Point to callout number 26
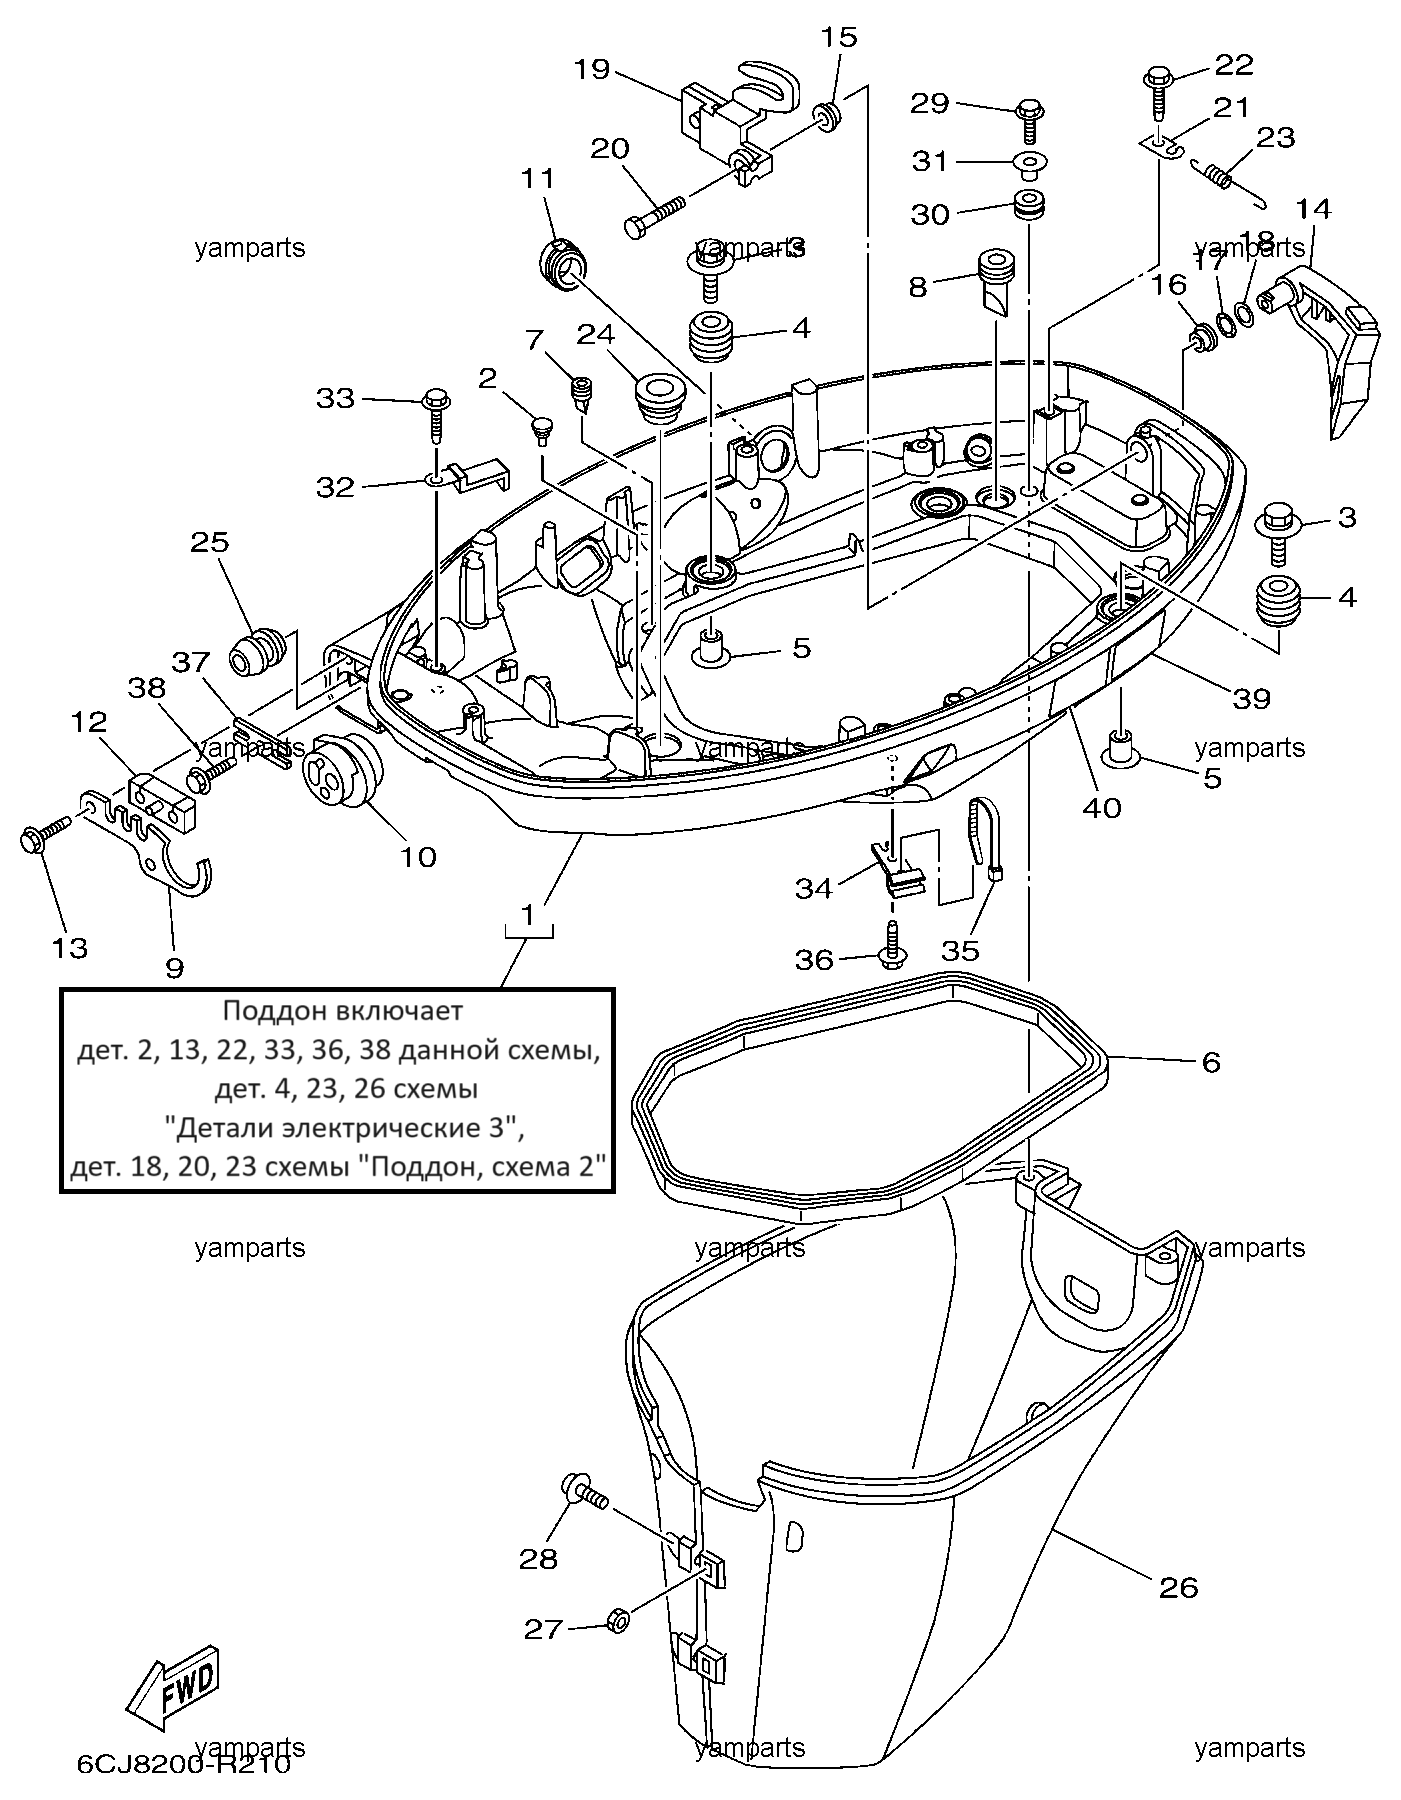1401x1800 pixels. click(x=1179, y=1587)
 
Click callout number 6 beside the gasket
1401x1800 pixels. click(x=1211, y=1062)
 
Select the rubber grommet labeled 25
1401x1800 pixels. click(x=255, y=653)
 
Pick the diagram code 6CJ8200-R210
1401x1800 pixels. click(x=183, y=1765)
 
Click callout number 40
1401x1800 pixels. click(x=1103, y=806)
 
